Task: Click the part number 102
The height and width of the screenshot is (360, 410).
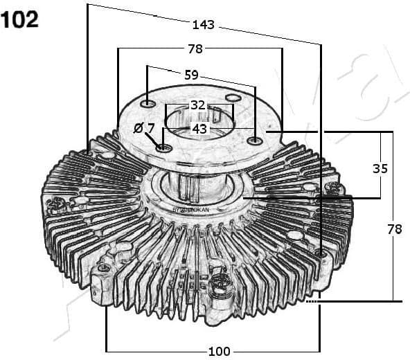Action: coord(20,19)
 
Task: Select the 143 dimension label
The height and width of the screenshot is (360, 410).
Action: coord(204,25)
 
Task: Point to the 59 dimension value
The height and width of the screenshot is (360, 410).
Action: coord(191,74)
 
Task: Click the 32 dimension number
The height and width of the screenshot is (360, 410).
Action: coord(198,105)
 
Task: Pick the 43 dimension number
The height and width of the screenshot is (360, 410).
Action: coord(199,129)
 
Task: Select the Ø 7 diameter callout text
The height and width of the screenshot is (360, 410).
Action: coord(143,128)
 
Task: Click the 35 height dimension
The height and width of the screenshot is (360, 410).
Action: coord(380,168)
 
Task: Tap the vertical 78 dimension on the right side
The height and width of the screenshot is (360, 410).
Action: coord(393,229)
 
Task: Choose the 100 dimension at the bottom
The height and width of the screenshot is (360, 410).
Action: coord(218,350)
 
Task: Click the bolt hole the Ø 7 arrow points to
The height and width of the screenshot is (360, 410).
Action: coord(163,147)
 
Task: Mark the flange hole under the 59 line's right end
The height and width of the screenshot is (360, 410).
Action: coord(256,141)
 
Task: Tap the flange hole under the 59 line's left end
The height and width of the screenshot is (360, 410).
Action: coord(148,104)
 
